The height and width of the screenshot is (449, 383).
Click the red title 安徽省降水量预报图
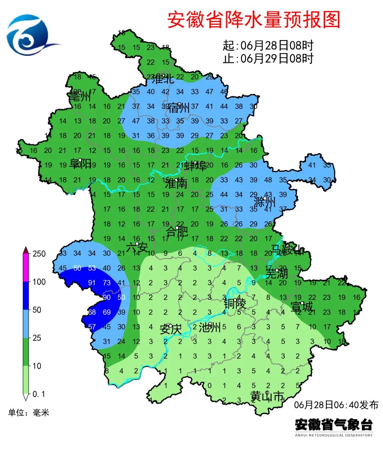coord(254,20)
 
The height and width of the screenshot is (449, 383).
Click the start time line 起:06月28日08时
coord(268,45)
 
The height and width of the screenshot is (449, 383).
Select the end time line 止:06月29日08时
coord(268,58)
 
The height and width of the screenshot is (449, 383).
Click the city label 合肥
coord(177,232)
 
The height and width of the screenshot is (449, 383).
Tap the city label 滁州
coord(265,203)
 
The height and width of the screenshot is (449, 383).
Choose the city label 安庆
coord(170,330)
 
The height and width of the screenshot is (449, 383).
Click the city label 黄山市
coord(267,396)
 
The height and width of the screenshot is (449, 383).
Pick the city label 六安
coord(137,247)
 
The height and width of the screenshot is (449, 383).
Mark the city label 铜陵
coord(235,304)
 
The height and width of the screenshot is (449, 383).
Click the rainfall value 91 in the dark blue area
coord(92,283)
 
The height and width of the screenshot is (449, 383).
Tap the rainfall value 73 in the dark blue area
coord(107,283)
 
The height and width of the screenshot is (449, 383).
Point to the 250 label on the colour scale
coord(39,254)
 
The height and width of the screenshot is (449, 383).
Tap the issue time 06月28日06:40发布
coord(336,405)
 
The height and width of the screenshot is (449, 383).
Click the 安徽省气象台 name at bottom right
coord(334,424)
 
